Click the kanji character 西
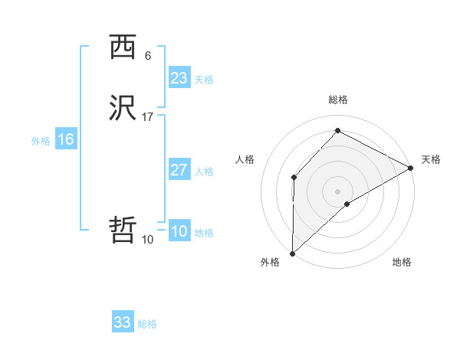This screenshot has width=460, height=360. (123, 47)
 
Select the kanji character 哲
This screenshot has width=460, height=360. (123, 230)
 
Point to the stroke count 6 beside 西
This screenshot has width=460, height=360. (147, 56)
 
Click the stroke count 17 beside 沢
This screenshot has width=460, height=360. (148, 117)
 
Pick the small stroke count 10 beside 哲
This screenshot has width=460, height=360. (147, 240)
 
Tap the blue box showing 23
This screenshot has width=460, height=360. (179, 78)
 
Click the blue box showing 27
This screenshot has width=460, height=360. (179, 170)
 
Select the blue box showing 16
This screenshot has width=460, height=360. (65, 139)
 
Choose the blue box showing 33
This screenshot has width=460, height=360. (123, 322)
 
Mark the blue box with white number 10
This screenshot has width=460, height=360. (179, 232)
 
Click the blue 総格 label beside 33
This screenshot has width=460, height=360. (147, 324)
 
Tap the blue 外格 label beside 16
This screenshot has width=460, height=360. (41, 141)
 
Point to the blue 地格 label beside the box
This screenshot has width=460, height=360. (204, 233)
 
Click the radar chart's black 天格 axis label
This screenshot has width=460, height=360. (431, 159)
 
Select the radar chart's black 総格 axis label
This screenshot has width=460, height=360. (338, 100)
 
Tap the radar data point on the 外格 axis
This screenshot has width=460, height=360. (292, 254)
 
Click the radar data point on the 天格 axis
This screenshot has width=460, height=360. (411, 168)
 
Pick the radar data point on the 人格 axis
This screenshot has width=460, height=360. (294, 178)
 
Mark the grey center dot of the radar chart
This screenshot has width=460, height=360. (338, 191)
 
